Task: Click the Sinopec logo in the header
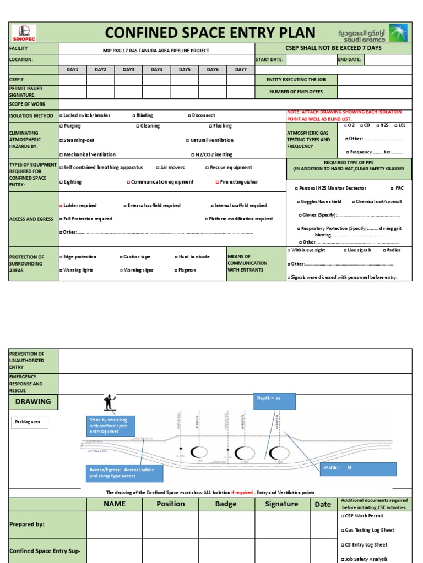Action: pyautogui.click(x=24, y=33)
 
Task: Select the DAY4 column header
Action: pyautogui.click(x=156, y=70)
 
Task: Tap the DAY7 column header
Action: pyautogui.click(x=241, y=70)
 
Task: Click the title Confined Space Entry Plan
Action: pyautogui.click(x=210, y=32)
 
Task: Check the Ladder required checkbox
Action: pyautogui.click(x=61, y=206)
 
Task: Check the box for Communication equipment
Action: pyautogui.click(x=129, y=182)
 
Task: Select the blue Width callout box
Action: pyautogui.click(x=359, y=469)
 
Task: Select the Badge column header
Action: pyautogui.click(x=226, y=504)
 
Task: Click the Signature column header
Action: pyautogui.click(x=281, y=504)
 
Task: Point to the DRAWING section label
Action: pyautogui.click(x=33, y=401)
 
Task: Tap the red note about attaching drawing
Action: pyautogui.click(x=349, y=115)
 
